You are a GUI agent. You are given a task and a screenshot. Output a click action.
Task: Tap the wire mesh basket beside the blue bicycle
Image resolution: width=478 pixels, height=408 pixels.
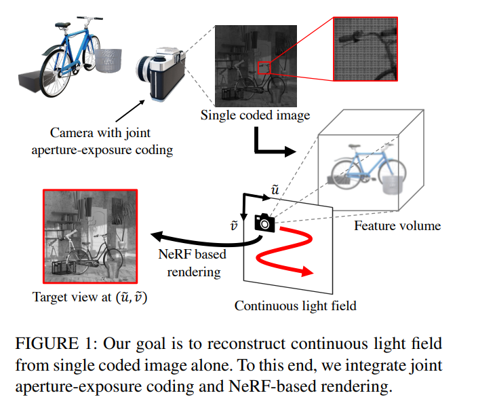pos(106,64)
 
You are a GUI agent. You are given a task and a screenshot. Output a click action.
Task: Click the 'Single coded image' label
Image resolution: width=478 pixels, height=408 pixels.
pos(255,115)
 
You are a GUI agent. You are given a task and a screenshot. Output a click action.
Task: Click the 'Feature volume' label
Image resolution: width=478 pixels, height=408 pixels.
pos(397,225)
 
